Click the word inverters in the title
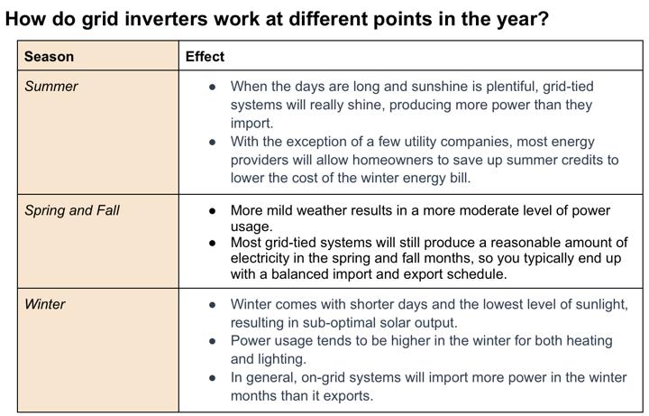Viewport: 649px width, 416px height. [166, 19]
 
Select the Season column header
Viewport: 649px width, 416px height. [49, 56]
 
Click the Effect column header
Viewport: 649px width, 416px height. [205, 56]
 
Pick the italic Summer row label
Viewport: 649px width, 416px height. [50, 87]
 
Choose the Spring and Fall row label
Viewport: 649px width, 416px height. [71, 210]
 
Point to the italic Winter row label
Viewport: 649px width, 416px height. [45, 304]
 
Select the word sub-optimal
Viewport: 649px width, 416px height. [347, 323]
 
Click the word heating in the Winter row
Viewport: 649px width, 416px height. [589, 341]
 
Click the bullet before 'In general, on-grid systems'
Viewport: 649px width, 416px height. [213, 378]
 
